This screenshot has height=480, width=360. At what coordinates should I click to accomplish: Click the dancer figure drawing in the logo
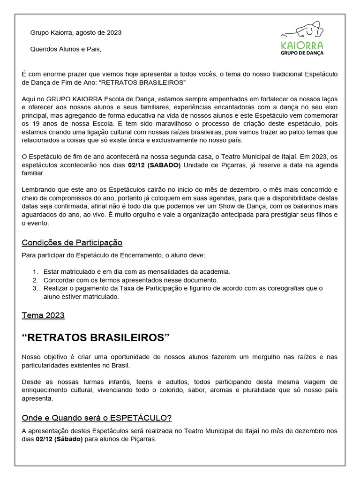302,30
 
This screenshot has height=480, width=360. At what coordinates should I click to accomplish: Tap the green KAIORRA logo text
301,45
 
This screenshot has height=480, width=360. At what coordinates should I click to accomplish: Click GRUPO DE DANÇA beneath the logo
301,53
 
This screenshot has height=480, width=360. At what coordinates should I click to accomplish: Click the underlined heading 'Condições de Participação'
72,242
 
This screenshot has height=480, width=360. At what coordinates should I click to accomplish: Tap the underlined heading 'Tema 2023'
43,315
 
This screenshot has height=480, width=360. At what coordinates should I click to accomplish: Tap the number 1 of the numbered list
35,271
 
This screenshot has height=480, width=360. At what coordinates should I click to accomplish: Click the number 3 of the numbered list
35,288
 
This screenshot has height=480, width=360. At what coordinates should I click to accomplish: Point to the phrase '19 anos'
39,124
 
